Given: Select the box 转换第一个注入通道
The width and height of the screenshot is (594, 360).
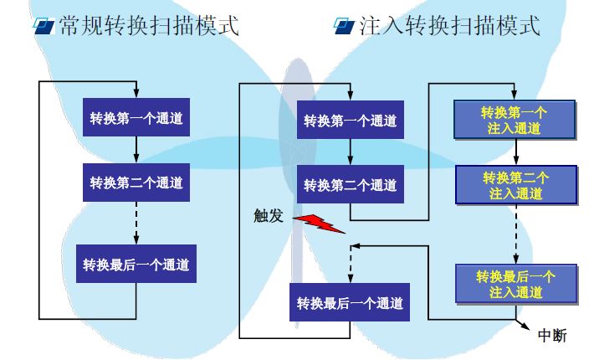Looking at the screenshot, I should point(515,121).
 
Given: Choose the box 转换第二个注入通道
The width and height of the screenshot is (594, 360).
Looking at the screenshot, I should point(515,185).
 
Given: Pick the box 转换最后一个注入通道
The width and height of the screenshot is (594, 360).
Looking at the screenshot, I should point(515,284).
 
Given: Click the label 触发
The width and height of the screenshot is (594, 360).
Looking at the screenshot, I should point(269,216).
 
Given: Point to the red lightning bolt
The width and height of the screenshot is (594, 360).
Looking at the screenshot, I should point(317,222).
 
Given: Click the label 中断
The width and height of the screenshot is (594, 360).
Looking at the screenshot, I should point(552,335).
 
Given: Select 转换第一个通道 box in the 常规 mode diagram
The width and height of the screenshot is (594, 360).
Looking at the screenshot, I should point(136,121).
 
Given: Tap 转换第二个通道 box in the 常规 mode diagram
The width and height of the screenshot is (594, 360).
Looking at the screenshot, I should point(136,182).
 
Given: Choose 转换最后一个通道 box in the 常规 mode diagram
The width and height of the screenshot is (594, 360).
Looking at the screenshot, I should point(136,265).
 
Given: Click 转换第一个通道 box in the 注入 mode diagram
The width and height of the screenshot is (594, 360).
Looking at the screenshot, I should point(350,121).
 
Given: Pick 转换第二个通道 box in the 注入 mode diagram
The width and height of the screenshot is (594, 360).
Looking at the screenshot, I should point(351,184).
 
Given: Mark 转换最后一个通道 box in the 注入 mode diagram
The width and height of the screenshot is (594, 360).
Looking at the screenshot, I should point(350,302).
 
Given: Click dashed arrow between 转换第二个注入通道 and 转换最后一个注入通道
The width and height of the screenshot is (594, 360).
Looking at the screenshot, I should point(515,234).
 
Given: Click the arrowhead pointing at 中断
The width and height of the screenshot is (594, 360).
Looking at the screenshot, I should point(526,326).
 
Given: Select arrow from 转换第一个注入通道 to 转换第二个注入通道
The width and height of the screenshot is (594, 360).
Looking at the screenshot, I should point(515,152).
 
